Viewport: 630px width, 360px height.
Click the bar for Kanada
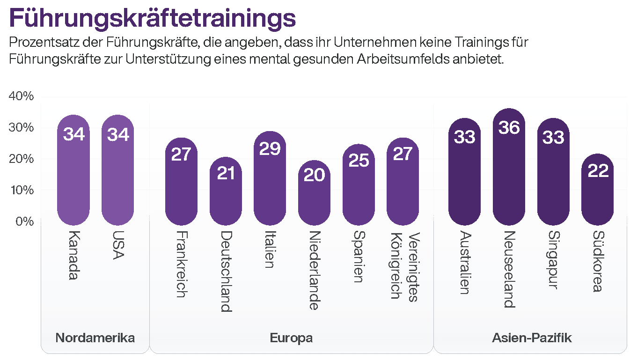[73, 173]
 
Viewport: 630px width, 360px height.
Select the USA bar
[118, 173]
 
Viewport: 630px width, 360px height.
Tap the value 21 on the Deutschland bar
[226, 173]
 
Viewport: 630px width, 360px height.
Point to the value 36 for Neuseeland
[509, 127]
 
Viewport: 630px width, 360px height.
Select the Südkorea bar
[597, 192]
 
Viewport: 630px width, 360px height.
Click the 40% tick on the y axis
[22, 96]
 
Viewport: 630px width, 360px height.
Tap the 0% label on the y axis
[24, 221]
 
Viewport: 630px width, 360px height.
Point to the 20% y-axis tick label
[22, 159]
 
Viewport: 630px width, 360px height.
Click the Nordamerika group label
[95, 338]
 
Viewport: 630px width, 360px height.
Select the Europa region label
[291, 338]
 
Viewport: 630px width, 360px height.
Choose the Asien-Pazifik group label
[532, 338]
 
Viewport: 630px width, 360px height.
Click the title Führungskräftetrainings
[152, 18]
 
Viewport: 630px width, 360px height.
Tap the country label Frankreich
[182, 264]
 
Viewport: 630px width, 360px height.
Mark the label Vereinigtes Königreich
[404, 267]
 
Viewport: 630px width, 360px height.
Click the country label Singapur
[553, 260]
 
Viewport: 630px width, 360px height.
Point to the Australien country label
[464, 262]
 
